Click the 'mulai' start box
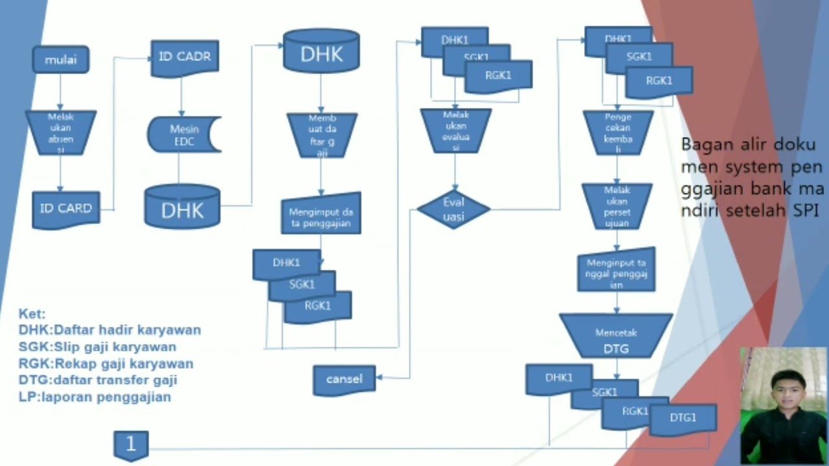[61, 60]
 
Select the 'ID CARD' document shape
[66, 209]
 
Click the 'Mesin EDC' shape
[184, 135]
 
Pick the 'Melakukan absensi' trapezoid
[61, 132]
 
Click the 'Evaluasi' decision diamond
[453, 209]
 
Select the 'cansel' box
[344, 379]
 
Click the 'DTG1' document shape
[683, 418]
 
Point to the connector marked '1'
[131, 445]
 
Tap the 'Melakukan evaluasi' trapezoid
[455, 130]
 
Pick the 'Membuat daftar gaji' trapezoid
[322, 135]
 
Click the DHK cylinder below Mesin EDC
[182, 207]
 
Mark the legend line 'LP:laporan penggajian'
[95, 397]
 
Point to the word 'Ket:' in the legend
[32, 314]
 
